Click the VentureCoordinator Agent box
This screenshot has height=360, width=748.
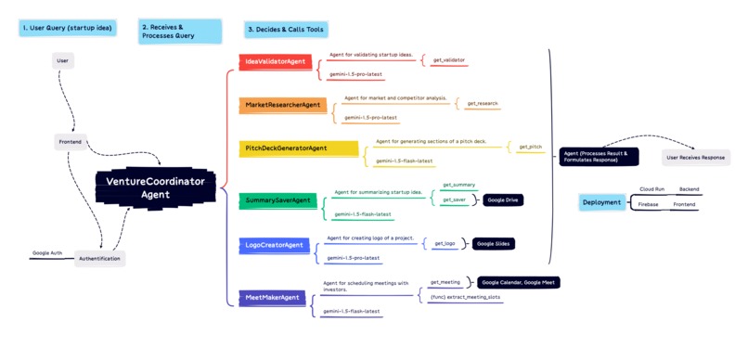[156, 188]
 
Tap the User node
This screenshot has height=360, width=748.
[63, 61]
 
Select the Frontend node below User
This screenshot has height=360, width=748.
[71, 142]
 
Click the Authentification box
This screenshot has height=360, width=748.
[99, 259]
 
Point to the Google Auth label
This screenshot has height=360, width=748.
[47, 252]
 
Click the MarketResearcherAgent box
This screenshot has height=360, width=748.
[283, 106]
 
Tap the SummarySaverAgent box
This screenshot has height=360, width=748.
[277, 200]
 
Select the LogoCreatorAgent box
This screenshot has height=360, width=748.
[275, 245]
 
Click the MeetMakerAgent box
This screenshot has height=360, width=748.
[272, 298]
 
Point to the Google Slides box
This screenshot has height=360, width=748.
[495, 244]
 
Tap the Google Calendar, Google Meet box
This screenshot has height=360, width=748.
[519, 282]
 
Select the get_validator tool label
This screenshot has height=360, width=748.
[449, 60]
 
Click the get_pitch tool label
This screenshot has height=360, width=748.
[531, 147]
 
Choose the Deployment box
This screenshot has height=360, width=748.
[601, 202]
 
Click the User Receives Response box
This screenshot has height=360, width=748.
[695, 158]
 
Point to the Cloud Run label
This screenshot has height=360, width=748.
[651, 189]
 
